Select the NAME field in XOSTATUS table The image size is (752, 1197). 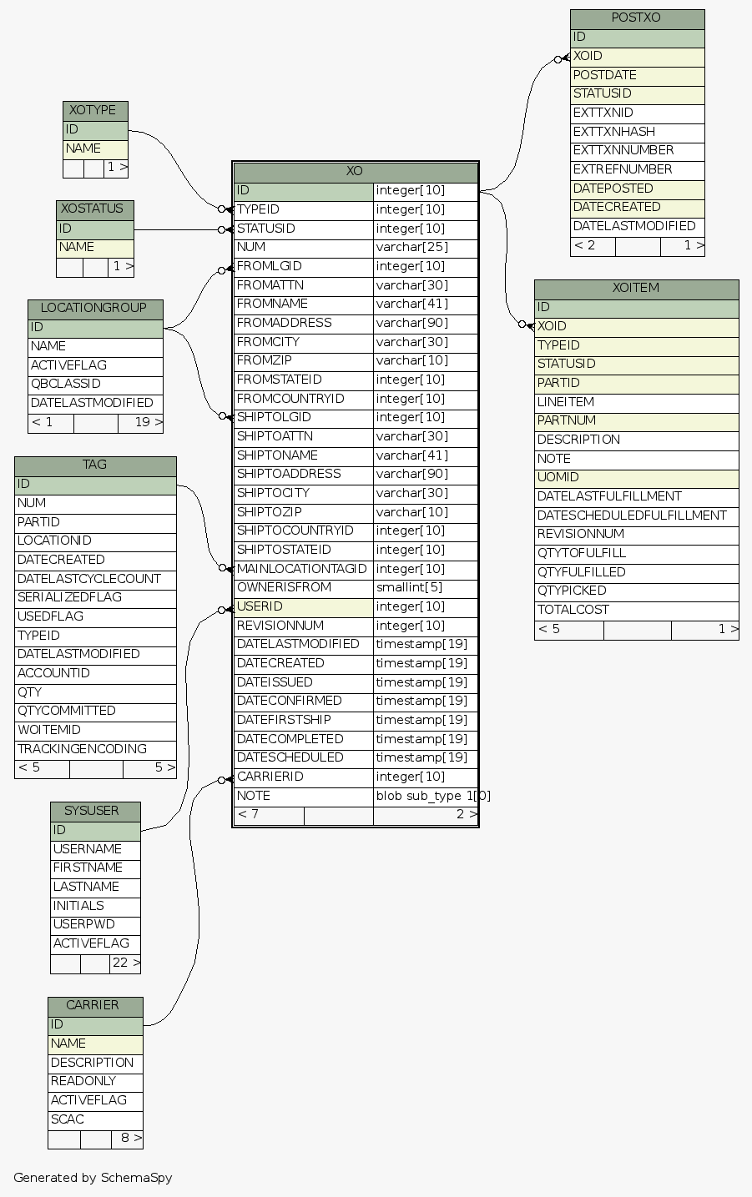pos(76,248)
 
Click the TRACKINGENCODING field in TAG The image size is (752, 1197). pos(82,749)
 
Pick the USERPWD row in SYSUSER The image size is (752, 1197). pos(83,924)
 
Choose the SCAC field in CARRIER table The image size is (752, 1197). pos(67,1119)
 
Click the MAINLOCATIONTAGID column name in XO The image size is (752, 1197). pos(301,569)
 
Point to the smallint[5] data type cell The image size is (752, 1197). pos(409,587)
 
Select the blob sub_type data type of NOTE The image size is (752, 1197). pos(432,796)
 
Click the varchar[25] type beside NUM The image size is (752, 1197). pos(411,247)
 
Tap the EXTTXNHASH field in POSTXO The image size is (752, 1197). pos(613,132)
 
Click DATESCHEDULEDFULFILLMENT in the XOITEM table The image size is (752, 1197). pos(632,516)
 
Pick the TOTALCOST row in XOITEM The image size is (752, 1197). pos(573,610)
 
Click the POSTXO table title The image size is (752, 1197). pos(637,18)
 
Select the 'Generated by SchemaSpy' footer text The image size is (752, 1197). pos(93,1178)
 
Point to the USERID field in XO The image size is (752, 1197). pos(260,606)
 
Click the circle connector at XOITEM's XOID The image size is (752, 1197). pos(522,324)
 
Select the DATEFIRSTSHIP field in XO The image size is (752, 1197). pos(284,720)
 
